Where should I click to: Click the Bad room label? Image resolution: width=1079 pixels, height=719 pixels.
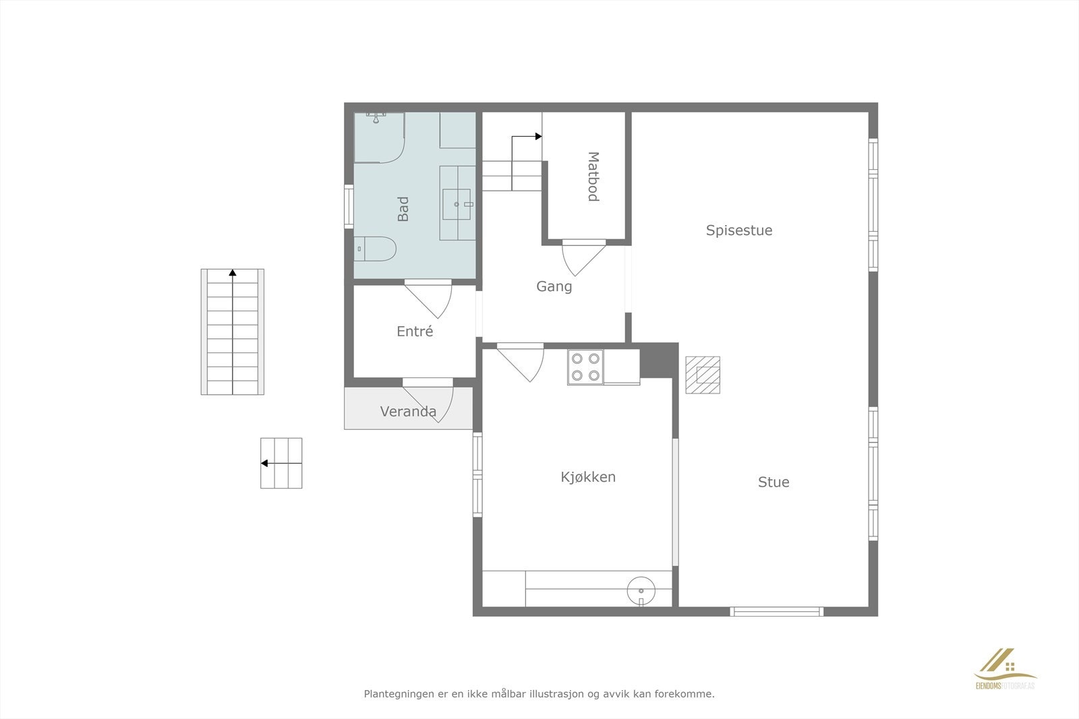coord(403,209)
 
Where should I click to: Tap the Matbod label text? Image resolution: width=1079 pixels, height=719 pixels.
coord(593,177)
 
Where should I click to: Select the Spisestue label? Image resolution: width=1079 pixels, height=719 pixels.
coord(739,230)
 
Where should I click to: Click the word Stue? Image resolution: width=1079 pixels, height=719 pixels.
coord(774,482)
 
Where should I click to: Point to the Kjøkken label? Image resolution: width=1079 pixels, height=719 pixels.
coord(588,477)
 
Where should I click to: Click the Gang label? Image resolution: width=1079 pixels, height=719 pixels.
coord(554,286)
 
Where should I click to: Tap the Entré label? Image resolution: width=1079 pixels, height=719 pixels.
coord(415,332)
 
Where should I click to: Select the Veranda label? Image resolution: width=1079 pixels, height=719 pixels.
coord(408,412)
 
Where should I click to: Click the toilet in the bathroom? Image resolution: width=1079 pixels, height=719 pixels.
coord(375,249)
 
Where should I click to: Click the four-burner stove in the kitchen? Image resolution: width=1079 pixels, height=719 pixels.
coord(585,367)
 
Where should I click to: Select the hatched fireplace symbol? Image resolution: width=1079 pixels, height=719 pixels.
coord(703,375)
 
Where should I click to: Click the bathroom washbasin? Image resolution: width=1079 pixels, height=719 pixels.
coord(459,204)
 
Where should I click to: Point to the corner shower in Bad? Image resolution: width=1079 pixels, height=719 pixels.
coord(378,137)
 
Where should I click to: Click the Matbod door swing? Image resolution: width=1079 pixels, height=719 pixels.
coord(582,258)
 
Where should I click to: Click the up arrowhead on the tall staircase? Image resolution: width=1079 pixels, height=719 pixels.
coord(233,273)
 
